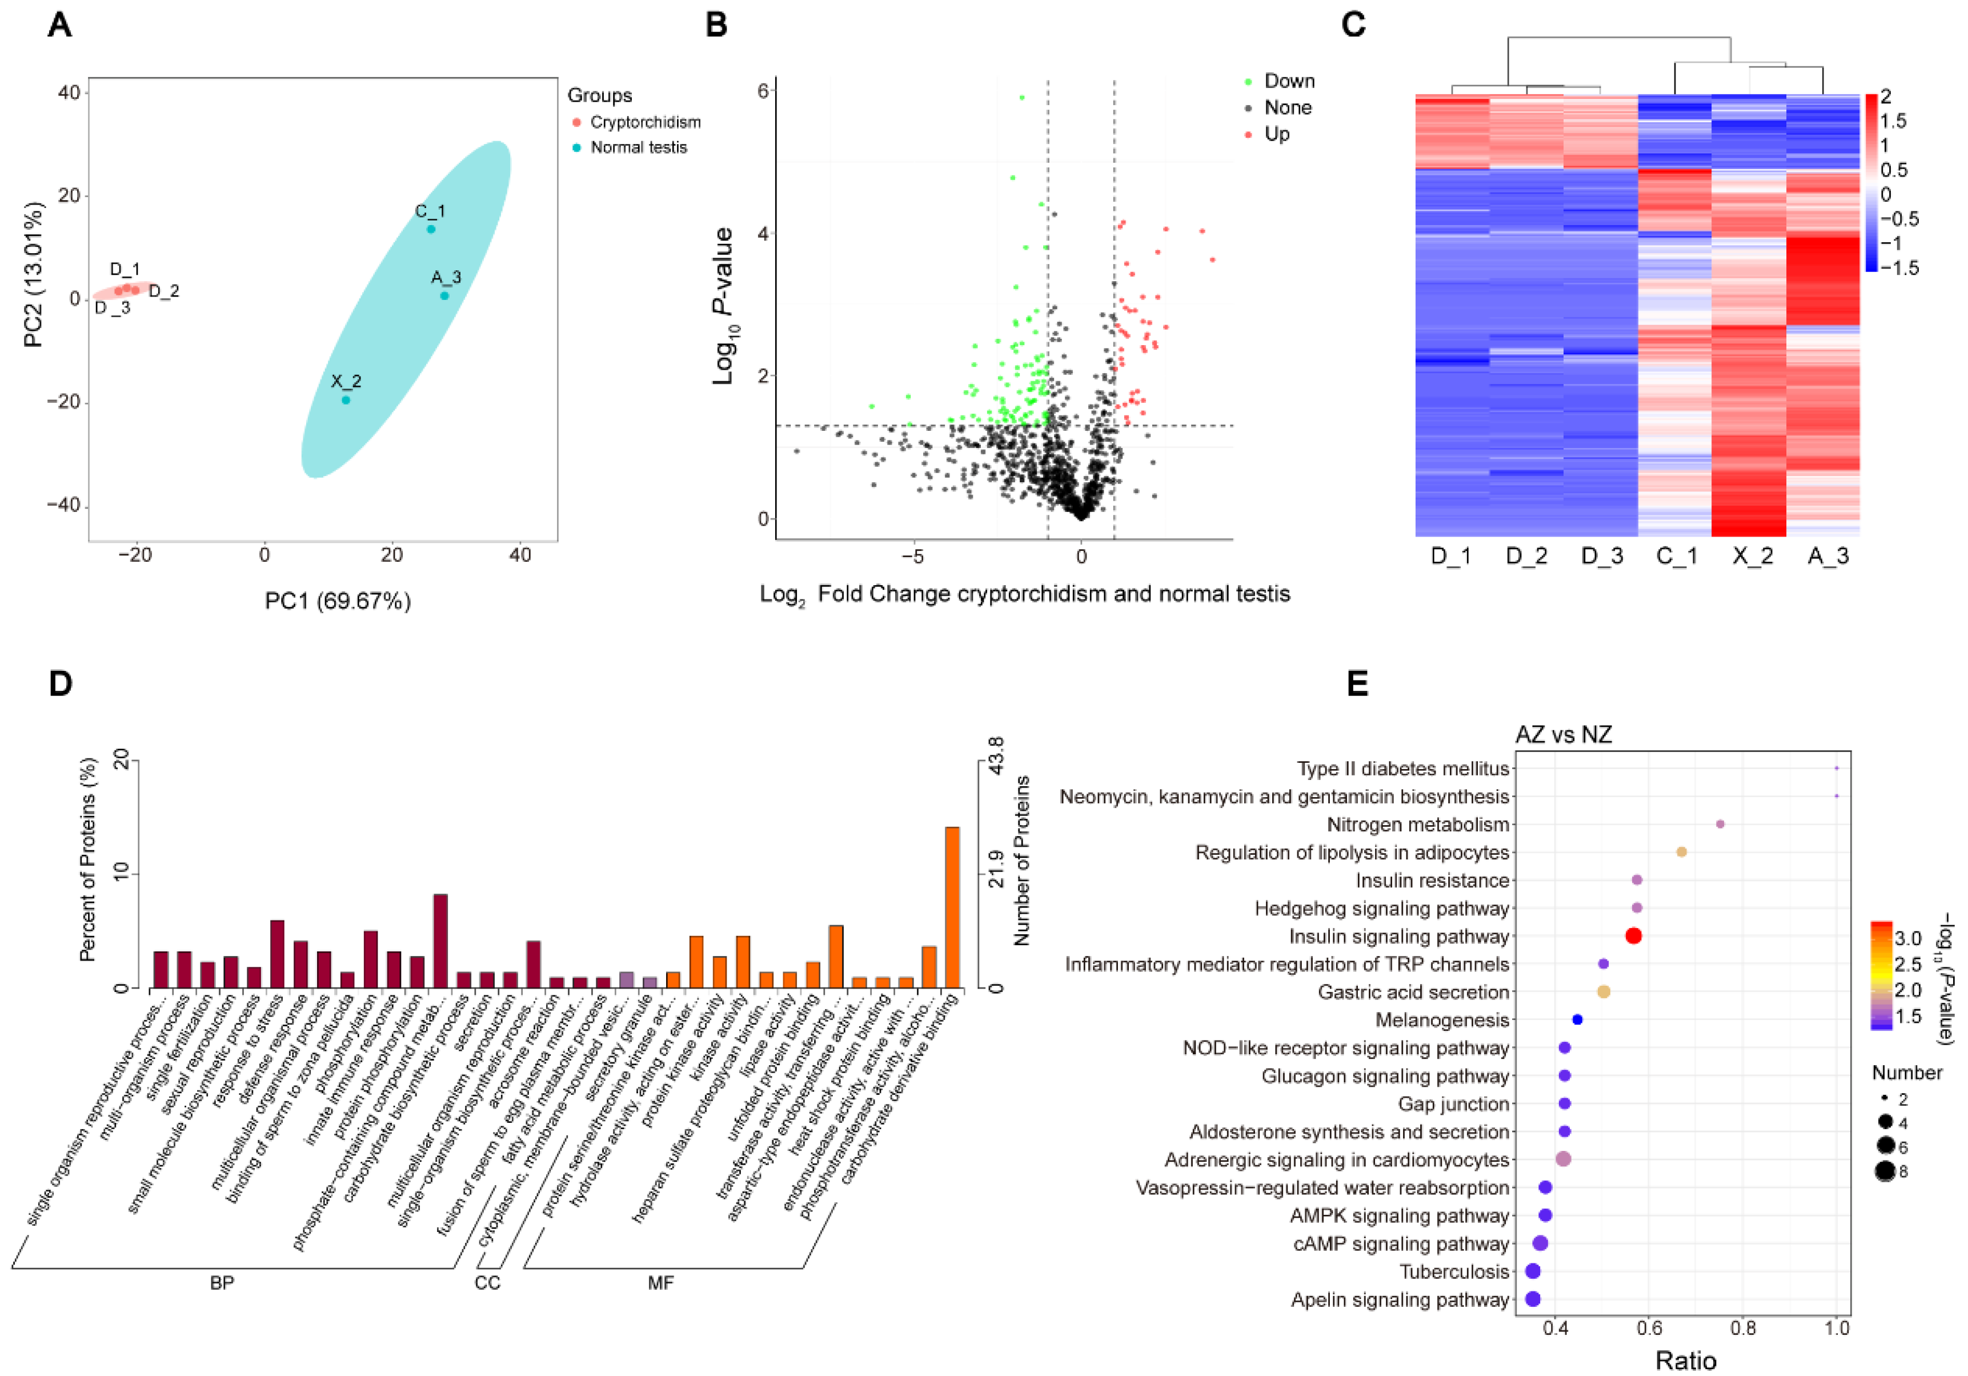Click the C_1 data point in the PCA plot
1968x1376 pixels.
[x=431, y=229]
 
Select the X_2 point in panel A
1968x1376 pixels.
[x=346, y=399]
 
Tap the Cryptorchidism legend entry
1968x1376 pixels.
[x=644, y=123]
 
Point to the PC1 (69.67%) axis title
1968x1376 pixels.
[x=338, y=601]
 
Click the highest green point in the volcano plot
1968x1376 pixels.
[x=1021, y=98]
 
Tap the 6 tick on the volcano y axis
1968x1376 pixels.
[x=762, y=91]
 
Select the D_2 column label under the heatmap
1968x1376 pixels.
[x=1526, y=557]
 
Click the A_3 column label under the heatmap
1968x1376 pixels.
[x=1827, y=557]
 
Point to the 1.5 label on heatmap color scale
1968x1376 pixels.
[x=1893, y=121]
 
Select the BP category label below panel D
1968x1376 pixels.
[x=222, y=1282]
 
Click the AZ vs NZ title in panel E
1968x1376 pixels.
[x=1564, y=735]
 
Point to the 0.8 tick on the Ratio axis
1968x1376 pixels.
[x=1742, y=1328]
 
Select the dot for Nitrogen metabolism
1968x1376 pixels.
[x=1720, y=824]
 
